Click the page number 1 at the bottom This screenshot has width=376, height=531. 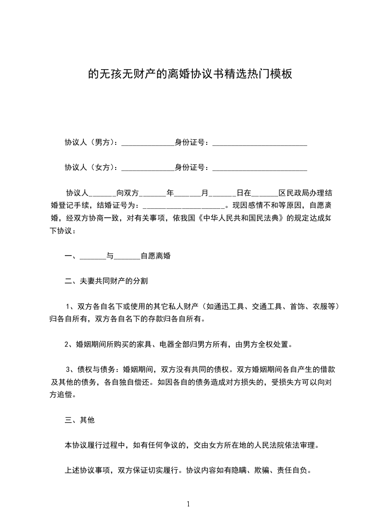point(188,504)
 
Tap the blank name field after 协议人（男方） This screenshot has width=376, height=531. point(148,142)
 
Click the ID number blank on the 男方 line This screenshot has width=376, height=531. point(259,142)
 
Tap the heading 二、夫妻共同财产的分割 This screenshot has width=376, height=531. point(106,281)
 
